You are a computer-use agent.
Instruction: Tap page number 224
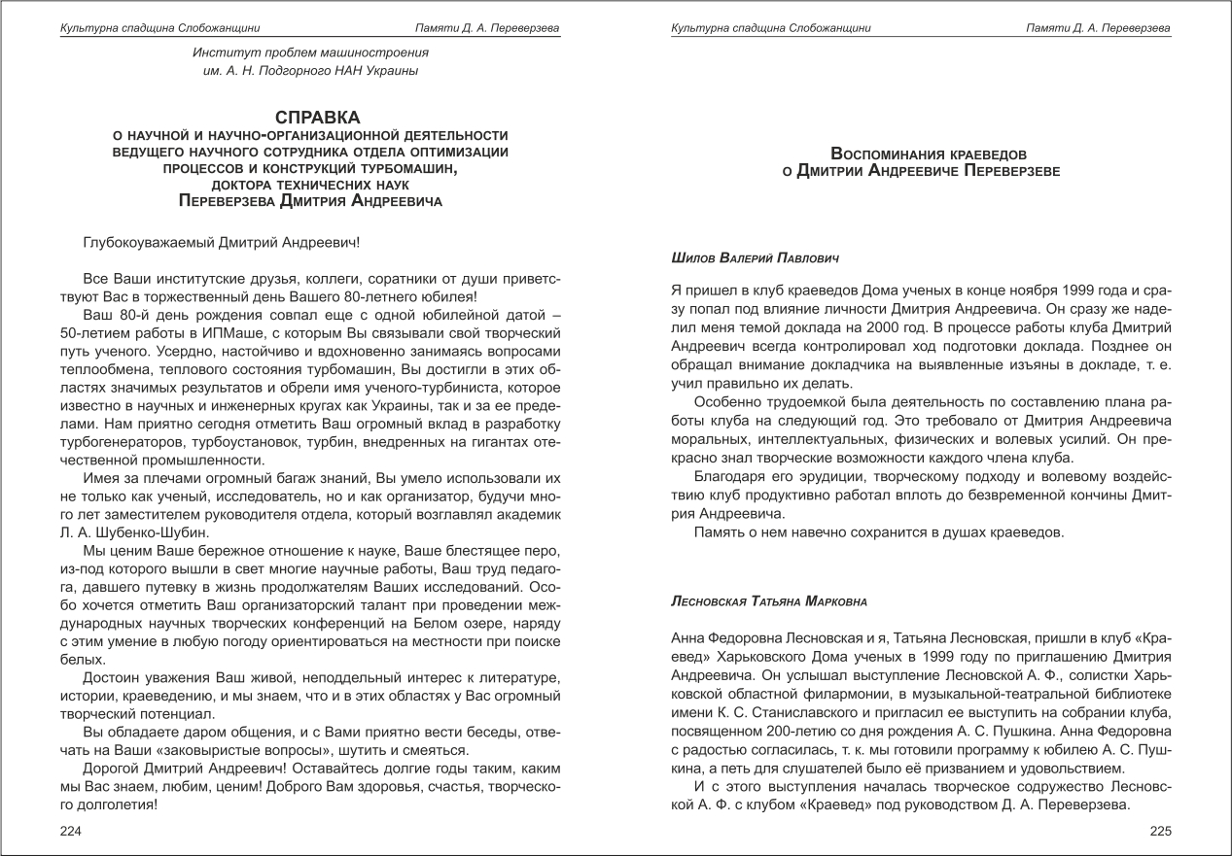click(x=72, y=831)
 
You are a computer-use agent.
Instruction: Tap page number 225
click(x=1160, y=831)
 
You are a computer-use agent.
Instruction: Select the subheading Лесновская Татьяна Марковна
click(x=768, y=601)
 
